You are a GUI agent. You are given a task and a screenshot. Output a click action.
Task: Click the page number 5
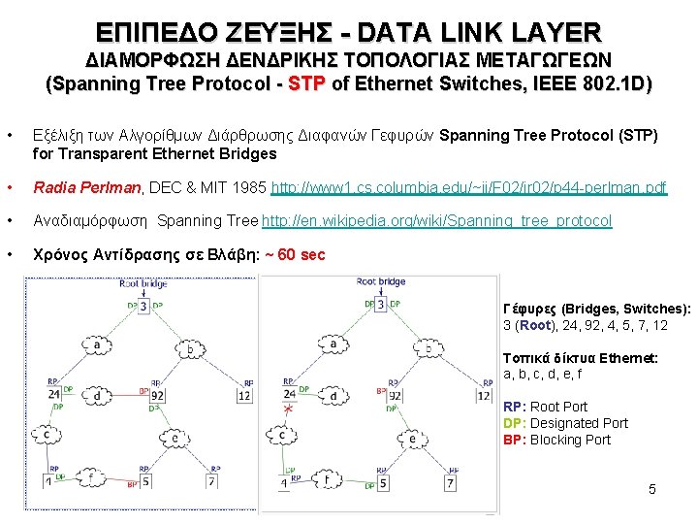652,489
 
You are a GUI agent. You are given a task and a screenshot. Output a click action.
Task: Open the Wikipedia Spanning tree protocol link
437,221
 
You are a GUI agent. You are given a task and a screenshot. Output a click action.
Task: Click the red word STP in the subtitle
307,84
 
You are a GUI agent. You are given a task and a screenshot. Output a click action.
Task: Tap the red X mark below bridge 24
288,411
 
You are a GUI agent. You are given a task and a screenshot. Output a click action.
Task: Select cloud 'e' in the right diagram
411,438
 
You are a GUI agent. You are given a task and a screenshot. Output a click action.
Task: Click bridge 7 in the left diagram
210,481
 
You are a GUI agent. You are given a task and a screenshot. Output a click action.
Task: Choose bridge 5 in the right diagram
384,482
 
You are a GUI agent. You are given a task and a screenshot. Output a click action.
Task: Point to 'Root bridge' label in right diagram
380,281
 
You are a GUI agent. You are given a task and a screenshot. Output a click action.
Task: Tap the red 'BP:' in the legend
515,440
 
